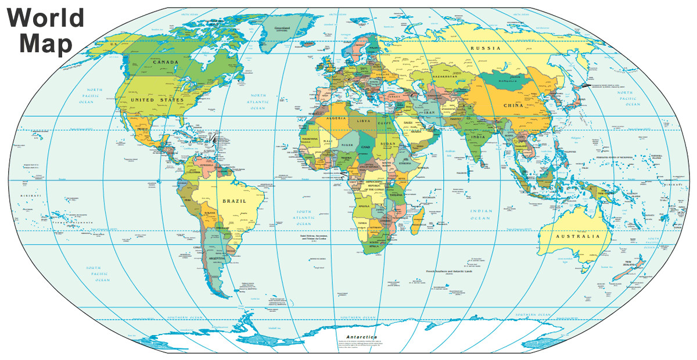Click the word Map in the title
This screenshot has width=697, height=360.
40,44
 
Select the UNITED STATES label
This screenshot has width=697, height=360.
157,100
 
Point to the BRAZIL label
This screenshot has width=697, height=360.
234,201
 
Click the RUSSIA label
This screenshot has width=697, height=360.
485,49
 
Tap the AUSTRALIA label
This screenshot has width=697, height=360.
577,237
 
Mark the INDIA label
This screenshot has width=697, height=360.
477,137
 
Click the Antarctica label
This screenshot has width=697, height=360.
361,337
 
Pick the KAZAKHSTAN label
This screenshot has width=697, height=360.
444,77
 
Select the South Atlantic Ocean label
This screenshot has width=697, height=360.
304,218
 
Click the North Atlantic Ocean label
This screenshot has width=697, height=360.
258,102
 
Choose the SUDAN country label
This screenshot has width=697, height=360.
387,144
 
